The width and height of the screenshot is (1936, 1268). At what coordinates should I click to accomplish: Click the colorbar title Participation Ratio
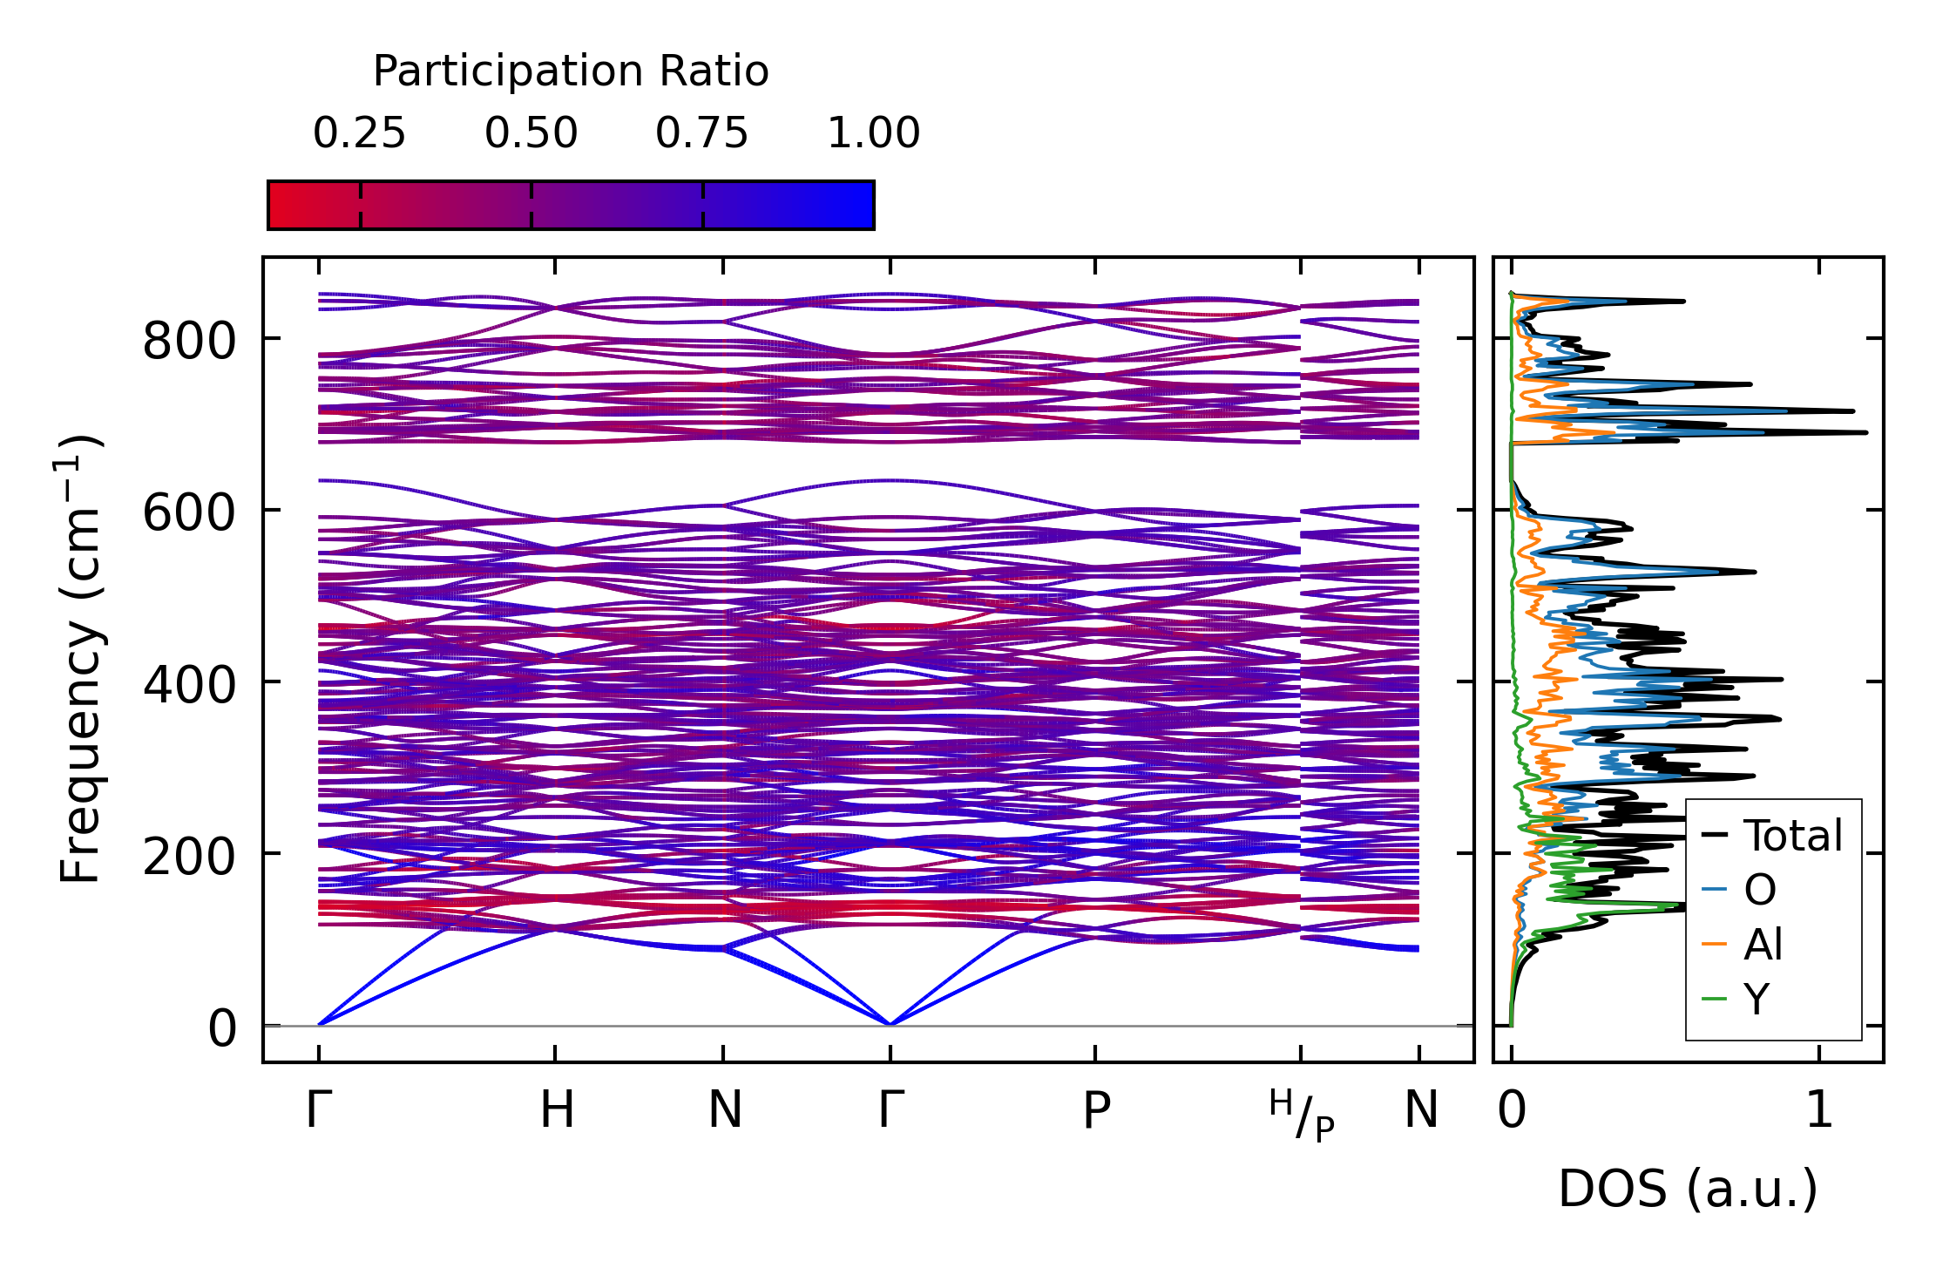(571, 71)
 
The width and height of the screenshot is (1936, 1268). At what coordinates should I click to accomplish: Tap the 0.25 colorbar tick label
(359, 134)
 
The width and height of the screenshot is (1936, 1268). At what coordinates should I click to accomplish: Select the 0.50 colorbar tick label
(531, 134)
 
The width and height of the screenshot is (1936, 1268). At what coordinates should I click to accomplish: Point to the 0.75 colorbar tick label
(701, 134)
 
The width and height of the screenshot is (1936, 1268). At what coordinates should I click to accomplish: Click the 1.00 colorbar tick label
(873, 134)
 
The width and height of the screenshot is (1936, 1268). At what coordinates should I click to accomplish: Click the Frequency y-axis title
(81, 659)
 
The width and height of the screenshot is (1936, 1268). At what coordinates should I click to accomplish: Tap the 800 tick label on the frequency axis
(189, 341)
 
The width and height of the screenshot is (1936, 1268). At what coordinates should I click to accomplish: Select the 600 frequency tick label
(189, 512)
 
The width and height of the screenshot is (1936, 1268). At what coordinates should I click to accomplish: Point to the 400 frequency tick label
(189, 684)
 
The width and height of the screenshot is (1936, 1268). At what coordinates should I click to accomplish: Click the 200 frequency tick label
(189, 856)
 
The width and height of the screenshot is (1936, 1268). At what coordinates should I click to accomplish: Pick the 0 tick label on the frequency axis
(221, 1028)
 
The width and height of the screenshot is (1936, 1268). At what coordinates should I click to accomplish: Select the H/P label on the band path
(1301, 1115)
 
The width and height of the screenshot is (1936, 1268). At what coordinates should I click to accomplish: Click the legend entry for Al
(1763, 945)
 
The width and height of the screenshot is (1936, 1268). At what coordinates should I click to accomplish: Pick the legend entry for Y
(1757, 999)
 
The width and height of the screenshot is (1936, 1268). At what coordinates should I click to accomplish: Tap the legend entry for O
(1759, 890)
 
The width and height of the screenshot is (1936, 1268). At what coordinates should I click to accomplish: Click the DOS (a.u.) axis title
(1688, 1190)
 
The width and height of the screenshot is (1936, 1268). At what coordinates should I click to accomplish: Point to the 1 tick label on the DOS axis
(1818, 1111)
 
